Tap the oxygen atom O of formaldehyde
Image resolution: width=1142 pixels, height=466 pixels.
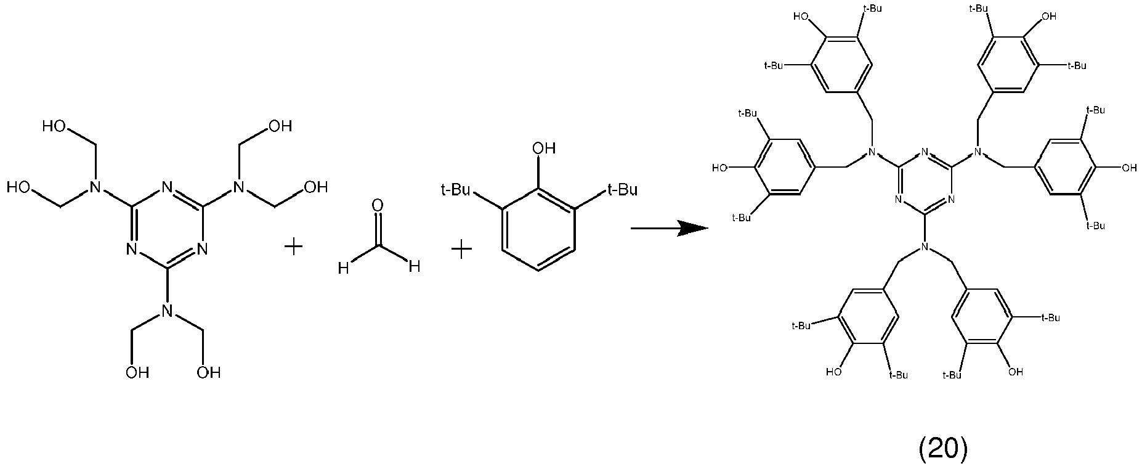(x=378, y=206)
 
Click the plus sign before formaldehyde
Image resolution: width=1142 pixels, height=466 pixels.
(x=294, y=248)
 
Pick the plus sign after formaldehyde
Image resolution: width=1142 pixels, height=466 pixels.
(x=461, y=250)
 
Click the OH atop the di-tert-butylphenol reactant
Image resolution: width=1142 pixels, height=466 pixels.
(x=544, y=148)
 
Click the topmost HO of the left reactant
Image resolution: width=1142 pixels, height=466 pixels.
(x=55, y=127)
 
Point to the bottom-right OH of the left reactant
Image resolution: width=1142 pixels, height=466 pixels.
(x=208, y=372)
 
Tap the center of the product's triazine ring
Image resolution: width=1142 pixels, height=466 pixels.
(x=925, y=178)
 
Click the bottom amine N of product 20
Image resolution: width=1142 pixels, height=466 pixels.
(x=925, y=247)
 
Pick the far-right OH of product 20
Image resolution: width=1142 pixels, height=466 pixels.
(x=1129, y=167)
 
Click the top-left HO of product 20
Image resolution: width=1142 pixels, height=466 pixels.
(x=801, y=17)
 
